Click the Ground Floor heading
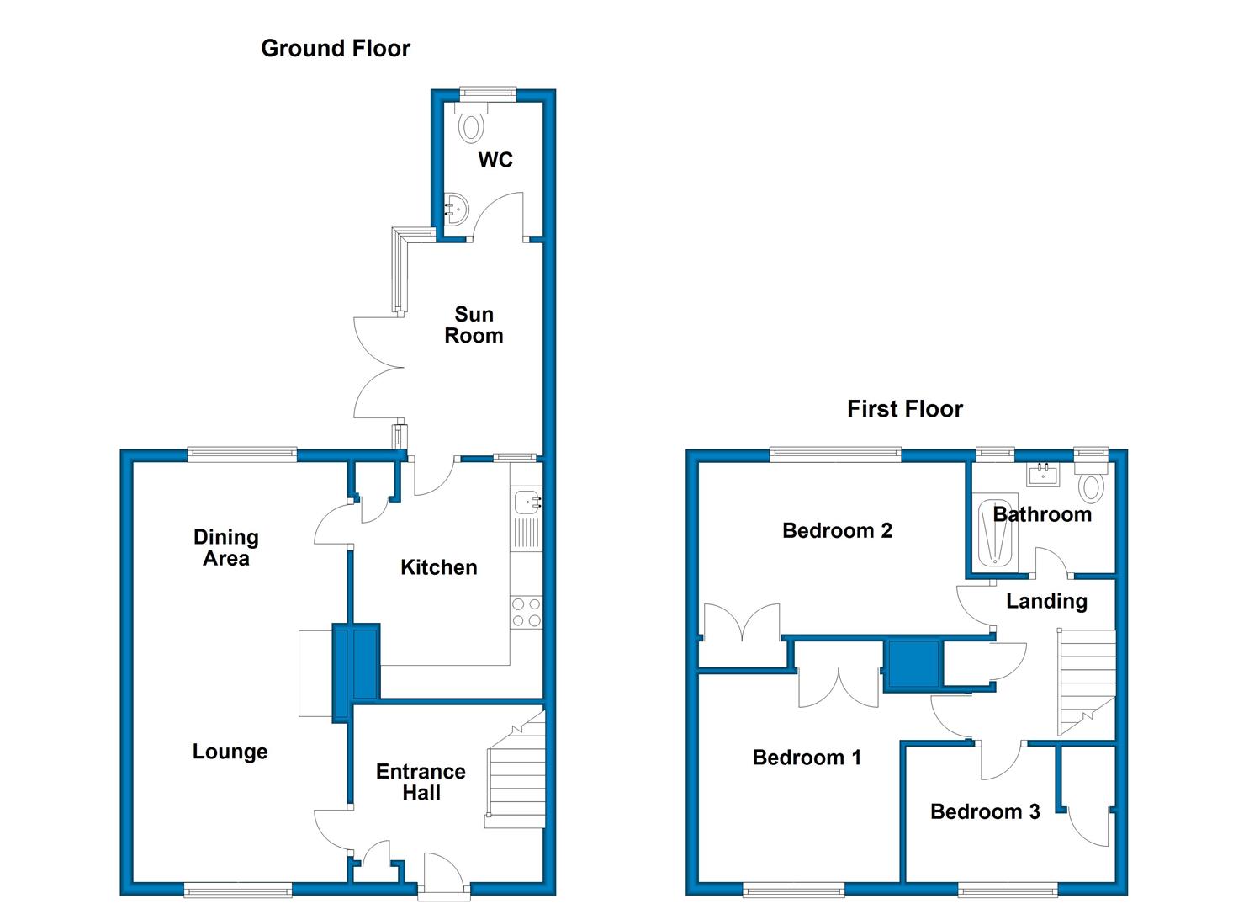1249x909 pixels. pyautogui.click(x=336, y=49)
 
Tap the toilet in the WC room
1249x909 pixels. pyautogui.click(x=472, y=122)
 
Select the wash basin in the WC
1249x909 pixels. pyautogui.click(x=456, y=210)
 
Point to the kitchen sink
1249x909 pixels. pyautogui.click(x=526, y=502)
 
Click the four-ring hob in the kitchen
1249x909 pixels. pyautogui.click(x=526, y=612)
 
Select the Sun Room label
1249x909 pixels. pyautogui.click(x=474, y=325)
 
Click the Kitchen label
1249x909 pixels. pyautogui.click(x=439, y=567)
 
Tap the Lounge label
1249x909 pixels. pyautogui.click(x=230, y=752)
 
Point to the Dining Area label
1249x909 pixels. pyautogui.click(x=225, y=547)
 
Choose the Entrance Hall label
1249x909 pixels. pyautogui.click(x=421, y=782)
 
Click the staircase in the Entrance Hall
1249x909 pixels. pyautogui.click(x=516, y=770)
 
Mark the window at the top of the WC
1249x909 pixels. pyautogui.click(x=488, y=93)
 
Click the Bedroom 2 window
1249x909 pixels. pyautogui.click(x=835, y=454)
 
